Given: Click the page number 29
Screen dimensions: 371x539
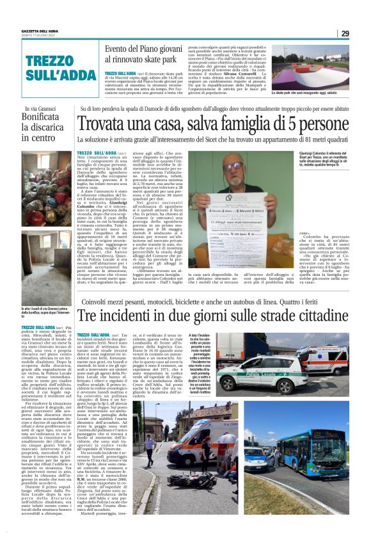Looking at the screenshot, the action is [345, 33].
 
